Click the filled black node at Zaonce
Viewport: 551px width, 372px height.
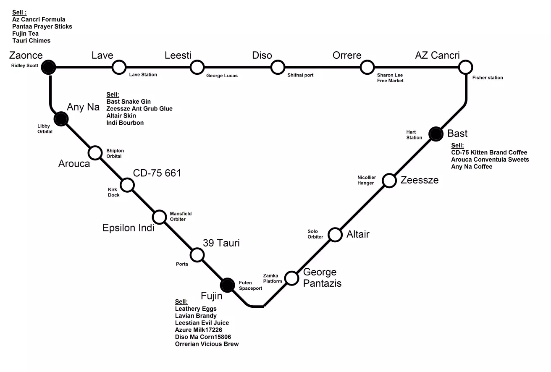50,66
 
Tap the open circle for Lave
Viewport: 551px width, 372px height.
119,66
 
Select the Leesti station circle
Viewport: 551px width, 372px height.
197,66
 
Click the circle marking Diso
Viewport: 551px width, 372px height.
278,66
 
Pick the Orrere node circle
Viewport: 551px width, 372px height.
367,66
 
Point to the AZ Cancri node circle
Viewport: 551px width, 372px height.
465,66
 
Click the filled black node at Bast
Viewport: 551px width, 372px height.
436,134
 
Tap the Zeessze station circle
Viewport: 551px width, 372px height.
389,181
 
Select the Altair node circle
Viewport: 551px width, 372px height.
335,234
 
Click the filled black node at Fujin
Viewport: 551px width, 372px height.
227,285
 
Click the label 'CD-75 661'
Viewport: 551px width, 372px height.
157,173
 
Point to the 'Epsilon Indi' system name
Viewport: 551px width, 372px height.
129,228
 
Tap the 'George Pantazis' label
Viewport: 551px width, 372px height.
322,278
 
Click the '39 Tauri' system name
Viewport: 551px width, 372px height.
221,243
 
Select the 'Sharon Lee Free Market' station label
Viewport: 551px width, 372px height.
390,78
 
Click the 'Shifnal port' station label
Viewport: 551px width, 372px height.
300,75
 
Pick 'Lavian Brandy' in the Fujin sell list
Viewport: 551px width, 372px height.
196,316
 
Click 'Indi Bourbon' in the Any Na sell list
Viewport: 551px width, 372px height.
125,123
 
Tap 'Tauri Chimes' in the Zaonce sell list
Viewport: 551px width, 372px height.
31,40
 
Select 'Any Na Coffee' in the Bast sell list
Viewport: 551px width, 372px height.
472,167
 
